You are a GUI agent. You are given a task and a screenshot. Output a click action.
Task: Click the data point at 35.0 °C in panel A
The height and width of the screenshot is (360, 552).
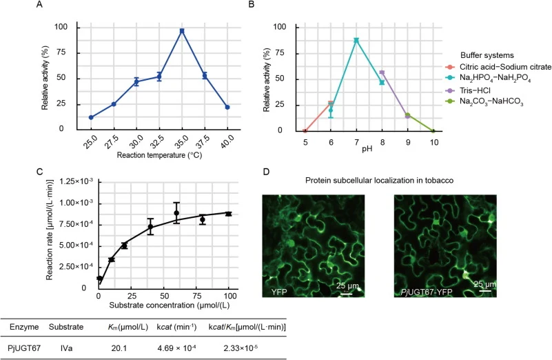tap(182, 31)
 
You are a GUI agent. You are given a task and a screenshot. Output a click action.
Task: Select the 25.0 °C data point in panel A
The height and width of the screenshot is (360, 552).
tap(91, 117)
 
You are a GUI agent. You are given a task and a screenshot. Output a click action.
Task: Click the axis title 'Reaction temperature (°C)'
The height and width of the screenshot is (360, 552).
tap(159, 155)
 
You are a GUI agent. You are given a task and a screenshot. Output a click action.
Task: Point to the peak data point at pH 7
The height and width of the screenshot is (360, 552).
tap(356, 40)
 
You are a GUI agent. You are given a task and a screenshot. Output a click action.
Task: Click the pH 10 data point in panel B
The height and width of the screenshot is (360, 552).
tap(433, 131)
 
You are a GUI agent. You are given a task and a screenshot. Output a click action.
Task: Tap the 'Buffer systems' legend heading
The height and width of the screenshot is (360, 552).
tap(487, 55)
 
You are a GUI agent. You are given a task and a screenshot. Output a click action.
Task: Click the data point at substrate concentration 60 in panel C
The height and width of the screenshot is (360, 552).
tap(176, 213)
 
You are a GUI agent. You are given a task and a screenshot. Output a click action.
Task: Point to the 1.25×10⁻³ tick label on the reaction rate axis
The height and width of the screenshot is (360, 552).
tap(76, 181)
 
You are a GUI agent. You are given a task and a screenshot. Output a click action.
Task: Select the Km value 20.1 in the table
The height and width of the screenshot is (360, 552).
tap(119, 348)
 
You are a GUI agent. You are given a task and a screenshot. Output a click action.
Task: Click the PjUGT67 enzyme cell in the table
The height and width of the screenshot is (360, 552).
tap(24, 348)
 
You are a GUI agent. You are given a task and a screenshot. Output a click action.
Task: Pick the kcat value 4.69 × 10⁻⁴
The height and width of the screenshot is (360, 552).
tap(176, 348)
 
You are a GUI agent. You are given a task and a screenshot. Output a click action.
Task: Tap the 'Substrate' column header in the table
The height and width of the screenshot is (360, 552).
tap(66, 327)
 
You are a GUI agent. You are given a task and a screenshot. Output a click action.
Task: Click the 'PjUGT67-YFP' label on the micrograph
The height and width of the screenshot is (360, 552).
tap(426, 292)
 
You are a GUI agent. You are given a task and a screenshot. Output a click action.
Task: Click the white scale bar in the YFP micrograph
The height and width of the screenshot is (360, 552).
tap(347, 293)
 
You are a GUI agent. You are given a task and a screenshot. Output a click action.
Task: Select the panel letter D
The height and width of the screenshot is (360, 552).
tap(266, 172)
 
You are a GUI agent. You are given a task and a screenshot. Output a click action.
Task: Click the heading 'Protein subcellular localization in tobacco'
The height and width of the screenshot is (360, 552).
tap(379, 181)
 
